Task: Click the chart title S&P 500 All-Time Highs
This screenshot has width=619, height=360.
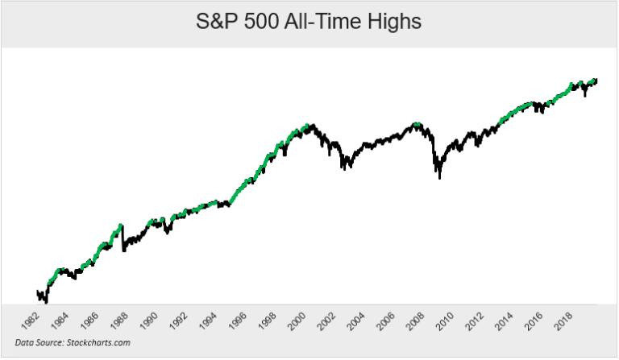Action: tap(309, 21)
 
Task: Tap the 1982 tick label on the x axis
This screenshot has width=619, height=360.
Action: tap(30, 321)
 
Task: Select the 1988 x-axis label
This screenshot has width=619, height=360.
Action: tap(118, 321)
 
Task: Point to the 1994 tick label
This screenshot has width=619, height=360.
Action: tap(208, 321)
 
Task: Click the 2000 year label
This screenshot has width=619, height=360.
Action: tap(297, 321)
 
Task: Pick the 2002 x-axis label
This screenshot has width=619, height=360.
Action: tap(326, 321)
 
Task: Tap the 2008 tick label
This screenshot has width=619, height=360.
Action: tap(415, 321)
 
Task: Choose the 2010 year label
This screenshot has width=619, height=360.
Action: tap(445, 321)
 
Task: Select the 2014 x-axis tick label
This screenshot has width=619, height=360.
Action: tap(504, 321)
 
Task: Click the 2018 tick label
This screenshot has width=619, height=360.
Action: tap(563, 321)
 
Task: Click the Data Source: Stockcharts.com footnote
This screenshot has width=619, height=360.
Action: tap(73, 342)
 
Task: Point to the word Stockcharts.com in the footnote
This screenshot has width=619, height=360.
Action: tap(98, 342)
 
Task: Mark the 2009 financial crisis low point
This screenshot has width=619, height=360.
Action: tap(440, 178)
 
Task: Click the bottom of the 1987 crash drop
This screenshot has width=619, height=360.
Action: tap(123, 250)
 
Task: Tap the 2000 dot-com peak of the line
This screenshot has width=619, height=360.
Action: tap(313, 126)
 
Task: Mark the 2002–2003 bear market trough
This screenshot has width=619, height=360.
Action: tap(345, 169)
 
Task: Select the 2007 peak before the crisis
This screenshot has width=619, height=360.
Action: tap(416, 124)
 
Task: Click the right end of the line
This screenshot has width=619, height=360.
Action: tap(596, 81)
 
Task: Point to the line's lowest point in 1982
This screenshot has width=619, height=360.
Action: tap(46, 303)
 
